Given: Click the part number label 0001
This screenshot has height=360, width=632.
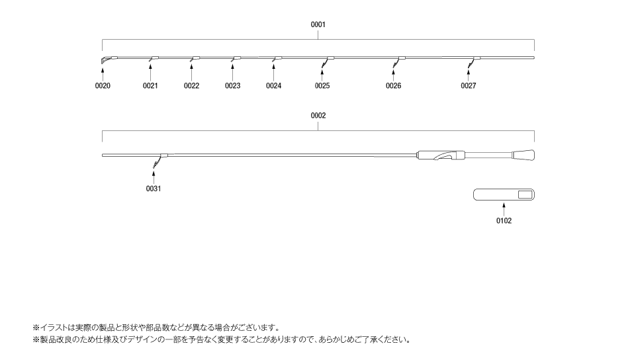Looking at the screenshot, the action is point(318,24).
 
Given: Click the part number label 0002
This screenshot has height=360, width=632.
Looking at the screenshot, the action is point(318,116).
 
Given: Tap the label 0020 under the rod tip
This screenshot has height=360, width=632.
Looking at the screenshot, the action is point(103,85).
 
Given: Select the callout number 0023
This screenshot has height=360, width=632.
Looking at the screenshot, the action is point(232,85).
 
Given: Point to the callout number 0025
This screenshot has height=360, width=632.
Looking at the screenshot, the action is point(322,85).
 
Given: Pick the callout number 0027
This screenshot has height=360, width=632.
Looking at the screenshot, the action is point(469,85).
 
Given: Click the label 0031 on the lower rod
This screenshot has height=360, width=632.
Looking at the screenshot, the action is point(153,189).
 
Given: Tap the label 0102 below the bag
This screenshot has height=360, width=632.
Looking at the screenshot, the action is point(504,220).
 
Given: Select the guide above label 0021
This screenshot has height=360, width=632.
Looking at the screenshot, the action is point(153,59).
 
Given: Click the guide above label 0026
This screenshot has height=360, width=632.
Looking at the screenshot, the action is point(398,62).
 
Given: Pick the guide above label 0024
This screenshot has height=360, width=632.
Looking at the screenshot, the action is point(277,59).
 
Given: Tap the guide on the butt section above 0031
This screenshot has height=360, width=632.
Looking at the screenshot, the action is point(160,160).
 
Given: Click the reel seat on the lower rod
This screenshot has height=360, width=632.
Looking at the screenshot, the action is point(441,156).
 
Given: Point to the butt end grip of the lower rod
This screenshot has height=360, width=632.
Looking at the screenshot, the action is point(523,156).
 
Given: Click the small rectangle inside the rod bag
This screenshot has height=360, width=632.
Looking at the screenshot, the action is point(525,195).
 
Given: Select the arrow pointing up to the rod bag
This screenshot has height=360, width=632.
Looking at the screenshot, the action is point(504,209).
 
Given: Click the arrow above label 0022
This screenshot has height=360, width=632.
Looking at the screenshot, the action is point(191,74).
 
